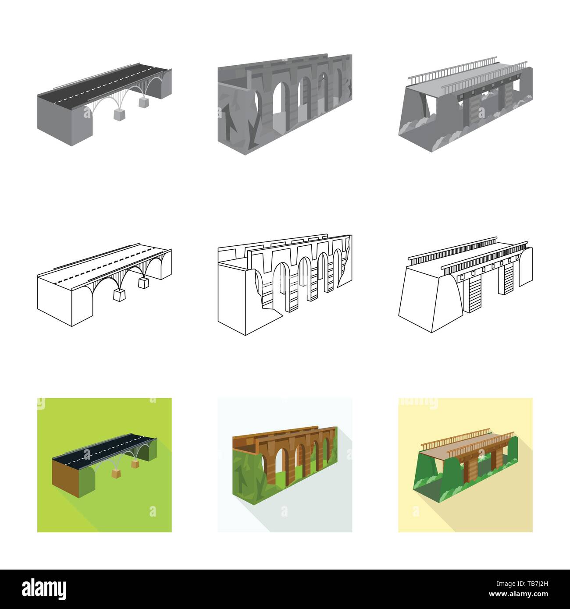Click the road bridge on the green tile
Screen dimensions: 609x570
coord(103,464)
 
